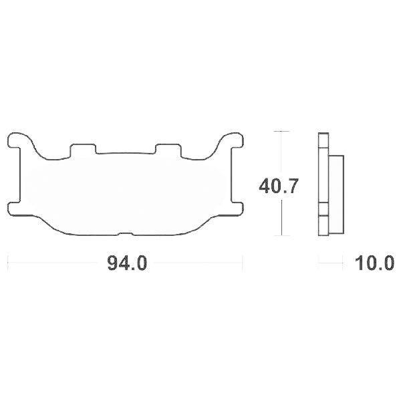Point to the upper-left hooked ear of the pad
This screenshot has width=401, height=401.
point(17,140)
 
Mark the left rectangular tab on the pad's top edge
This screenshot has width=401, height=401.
point(83,148)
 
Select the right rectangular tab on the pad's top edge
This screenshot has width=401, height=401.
point(168,148)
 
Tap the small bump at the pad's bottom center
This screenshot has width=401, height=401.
point(125,233)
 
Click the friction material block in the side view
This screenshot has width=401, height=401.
point(336,185)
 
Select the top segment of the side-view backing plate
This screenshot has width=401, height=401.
point(323,142)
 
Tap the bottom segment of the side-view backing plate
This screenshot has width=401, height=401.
point(323,226)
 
